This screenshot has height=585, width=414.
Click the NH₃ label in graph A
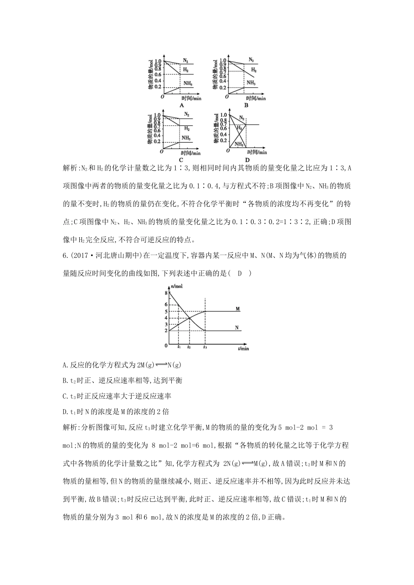click(x=188, y=83)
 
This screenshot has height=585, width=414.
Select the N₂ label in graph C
click(x=187, y=114)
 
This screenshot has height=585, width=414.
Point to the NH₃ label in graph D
click(x=239, y=144)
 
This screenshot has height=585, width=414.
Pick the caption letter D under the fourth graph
click(x=247, y=160)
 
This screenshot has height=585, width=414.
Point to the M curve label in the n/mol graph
click(x=238, y=309)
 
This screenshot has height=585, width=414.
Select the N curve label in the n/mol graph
click(x=237, y=328)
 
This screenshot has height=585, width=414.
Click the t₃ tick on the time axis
click(x=205, y=347)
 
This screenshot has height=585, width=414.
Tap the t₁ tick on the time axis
click(x=179, y=347)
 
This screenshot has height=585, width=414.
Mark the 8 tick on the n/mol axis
click(x=166, y=293)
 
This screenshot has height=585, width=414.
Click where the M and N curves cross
click(x=190, y=318)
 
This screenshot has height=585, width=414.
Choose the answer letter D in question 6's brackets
click(x=239, y=273)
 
